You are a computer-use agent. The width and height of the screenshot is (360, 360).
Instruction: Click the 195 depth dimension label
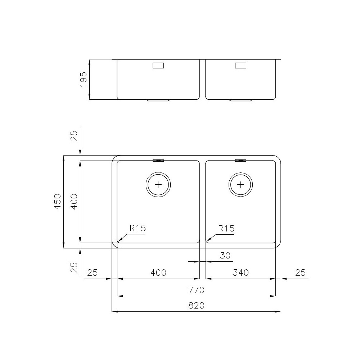[x=83, y=79]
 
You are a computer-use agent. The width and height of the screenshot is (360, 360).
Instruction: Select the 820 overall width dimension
[x=196, y=306]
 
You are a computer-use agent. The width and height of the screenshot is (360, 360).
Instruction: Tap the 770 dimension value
[x=196, y=290]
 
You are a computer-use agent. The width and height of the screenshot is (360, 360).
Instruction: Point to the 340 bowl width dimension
[x=240, y=273]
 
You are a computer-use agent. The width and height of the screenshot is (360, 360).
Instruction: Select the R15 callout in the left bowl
[x=137, y=228]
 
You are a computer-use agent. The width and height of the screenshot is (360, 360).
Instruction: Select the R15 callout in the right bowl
[x=226, y=228]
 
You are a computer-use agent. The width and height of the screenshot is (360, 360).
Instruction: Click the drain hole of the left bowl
[x=158, y=185]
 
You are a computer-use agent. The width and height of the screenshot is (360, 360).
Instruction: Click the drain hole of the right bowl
[x=240, y=185]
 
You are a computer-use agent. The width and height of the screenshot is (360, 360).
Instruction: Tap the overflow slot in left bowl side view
[x=158, y=66]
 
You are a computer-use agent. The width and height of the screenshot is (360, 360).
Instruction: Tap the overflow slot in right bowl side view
[x=240, y=66]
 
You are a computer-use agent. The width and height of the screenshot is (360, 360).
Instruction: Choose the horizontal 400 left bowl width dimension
[x=158, y=273]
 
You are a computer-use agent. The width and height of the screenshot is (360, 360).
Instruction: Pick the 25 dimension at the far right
[x=300, y=273]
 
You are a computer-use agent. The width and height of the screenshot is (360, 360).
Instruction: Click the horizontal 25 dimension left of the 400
[x=93, y=273]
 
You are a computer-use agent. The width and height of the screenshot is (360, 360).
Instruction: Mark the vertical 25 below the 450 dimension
[x=74, y=267]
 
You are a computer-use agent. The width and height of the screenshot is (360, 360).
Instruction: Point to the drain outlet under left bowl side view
[x=158, y=100]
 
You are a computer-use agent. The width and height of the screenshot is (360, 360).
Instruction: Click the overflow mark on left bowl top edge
[x=158, y=161]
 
